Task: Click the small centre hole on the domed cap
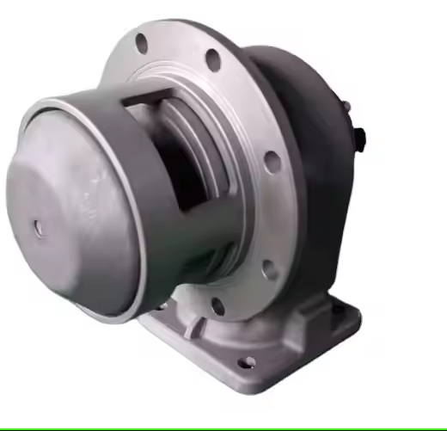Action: click(39, 227)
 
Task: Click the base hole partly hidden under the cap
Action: click(160, 305)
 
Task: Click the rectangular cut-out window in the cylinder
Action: click(176, 155)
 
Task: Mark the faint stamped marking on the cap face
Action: click(86, 202)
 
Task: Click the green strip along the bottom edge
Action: click(223, 428)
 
